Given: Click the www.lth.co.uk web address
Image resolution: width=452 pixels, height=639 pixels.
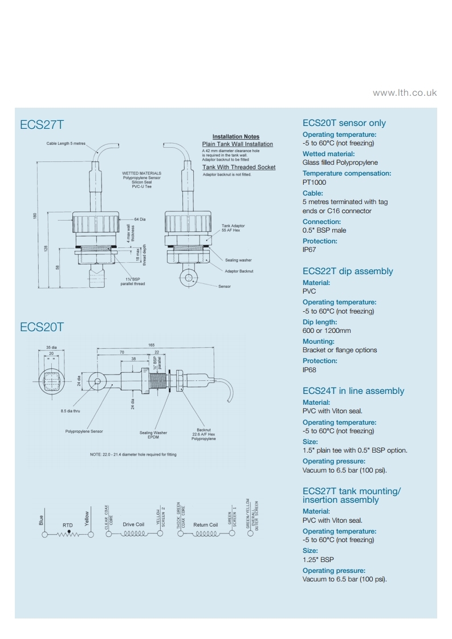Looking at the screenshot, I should click(405, 92).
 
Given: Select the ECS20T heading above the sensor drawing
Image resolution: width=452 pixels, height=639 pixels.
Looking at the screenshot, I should click(42, 327).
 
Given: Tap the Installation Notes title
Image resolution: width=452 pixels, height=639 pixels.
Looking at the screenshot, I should click(236, 137).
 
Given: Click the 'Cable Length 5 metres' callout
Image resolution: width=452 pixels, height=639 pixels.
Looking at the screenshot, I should click(66, 144).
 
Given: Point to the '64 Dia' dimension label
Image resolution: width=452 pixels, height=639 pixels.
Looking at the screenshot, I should click(140, 219).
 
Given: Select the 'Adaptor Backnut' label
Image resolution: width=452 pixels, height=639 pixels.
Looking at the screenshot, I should click(239, 271).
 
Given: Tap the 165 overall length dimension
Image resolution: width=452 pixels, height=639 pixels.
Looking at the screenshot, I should click(152, 345).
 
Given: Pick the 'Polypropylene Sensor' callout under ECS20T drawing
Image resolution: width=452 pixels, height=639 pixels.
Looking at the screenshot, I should click(84, 432).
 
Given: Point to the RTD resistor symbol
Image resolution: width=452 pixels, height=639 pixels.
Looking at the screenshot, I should click(68, 534).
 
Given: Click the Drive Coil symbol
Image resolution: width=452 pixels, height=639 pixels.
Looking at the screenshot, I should click(133, 534).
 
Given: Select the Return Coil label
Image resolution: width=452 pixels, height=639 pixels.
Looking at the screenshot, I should click(206, 524).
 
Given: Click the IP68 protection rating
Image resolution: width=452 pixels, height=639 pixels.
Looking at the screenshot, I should click(310, 370).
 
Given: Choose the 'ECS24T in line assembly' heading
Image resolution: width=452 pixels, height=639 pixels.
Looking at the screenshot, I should click(353, 391).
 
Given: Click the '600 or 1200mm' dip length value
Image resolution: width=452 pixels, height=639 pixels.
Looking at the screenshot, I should click(327, 331).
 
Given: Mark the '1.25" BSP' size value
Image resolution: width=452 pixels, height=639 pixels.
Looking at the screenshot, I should click(318, 560).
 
